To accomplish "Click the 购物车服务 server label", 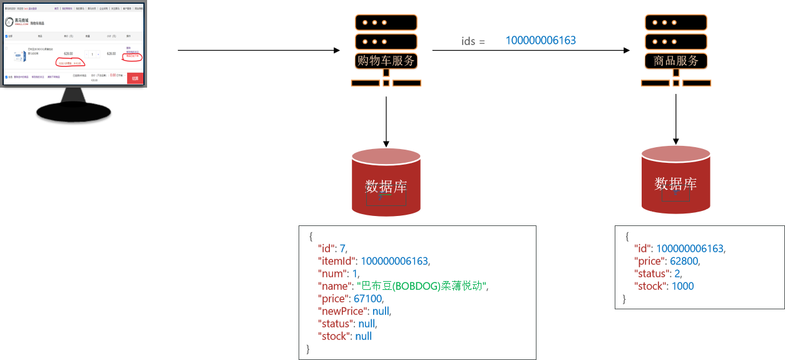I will point(386,61).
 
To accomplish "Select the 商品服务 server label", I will point(676,61).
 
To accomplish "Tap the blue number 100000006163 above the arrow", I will point(540,41).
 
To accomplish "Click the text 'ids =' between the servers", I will point(473,41).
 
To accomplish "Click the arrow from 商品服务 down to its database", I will point(676,119).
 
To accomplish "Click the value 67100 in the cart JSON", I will point(368,299).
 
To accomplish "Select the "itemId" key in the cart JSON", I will point(337,261).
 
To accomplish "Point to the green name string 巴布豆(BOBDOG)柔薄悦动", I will point(421,286).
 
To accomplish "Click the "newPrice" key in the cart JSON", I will point(342,311).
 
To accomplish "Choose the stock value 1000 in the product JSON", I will point(682,286).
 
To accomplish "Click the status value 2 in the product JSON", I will point(677,274).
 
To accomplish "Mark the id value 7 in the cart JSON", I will point(342,249).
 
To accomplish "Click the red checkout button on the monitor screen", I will point(135,78).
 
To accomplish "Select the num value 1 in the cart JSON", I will point(354,274).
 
